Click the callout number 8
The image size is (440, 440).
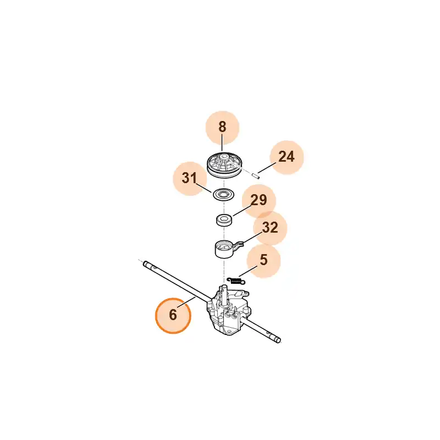click(222, 127)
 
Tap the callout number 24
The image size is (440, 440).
click(287, 157)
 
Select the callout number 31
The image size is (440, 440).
click(190, 178)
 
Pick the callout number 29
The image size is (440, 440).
click(258, 200)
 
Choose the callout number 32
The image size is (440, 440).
click(270, 227)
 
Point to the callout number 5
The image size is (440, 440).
click(263, 260)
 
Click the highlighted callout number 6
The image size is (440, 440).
click(173, 315)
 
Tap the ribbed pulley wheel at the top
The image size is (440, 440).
click(224, 166)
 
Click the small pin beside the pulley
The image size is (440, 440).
click(255, 175)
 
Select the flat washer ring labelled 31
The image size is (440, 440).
click(224, 194)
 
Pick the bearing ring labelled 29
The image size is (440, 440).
click(224, 219)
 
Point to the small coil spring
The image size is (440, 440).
click(236, 280)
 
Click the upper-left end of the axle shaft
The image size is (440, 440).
click(145, 264)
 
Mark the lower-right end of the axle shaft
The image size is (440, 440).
click(278, 340)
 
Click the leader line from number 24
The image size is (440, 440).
click(267, 167)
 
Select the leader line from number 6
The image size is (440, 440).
click(186, 302)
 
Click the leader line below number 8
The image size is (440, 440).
click(222, 142)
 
